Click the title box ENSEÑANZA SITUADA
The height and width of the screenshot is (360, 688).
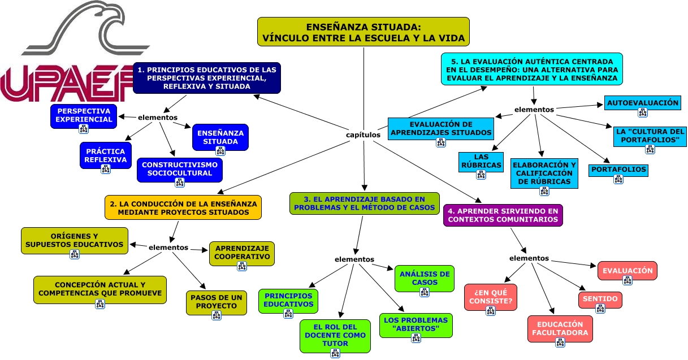coord(363,32)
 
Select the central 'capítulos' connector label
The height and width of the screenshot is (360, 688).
coord(363,135)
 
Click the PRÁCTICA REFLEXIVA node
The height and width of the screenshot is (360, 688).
coord(105,155)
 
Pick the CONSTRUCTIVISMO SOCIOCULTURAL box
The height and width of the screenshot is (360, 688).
coord(180,169)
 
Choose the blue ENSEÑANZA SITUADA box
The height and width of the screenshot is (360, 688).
coord(220,137)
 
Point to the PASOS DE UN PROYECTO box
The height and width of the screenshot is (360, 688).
coord(217,302)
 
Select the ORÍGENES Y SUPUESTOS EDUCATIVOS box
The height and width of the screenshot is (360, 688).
coord(75,240)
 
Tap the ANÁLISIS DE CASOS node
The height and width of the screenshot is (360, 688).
coord(424,277)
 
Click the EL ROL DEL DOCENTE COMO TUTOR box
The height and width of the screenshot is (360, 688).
coord(335,335)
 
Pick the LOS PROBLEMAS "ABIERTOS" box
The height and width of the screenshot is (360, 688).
coord(416,324)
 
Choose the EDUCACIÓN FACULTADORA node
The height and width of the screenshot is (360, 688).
coord(560,328)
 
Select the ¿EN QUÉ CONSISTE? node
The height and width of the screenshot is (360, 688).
coord(490,296)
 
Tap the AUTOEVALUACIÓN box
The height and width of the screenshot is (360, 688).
coord(642,103)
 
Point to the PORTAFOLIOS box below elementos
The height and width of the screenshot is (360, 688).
coord(618,170)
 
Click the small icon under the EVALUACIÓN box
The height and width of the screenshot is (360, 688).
coord(628,280)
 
